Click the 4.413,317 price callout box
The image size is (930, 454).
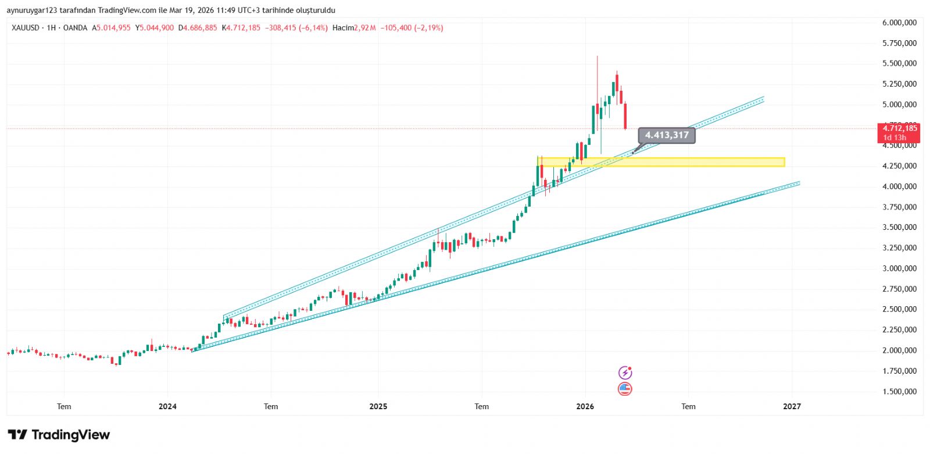666,135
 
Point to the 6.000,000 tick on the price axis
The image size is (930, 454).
899,23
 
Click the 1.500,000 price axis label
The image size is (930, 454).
899,392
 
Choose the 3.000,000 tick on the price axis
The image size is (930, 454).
899,268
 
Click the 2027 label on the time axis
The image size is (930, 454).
792,406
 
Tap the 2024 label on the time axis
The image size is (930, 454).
167,406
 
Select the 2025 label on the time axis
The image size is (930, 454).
378,406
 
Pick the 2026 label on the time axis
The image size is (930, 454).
585,406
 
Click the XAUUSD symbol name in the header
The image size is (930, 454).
26,28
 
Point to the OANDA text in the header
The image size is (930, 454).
75,28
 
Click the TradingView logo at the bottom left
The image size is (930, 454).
59,435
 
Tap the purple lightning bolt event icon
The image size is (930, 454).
625,373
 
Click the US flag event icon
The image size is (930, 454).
625,389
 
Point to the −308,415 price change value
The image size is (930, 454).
281,28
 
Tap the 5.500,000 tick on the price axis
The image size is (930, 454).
899,63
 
